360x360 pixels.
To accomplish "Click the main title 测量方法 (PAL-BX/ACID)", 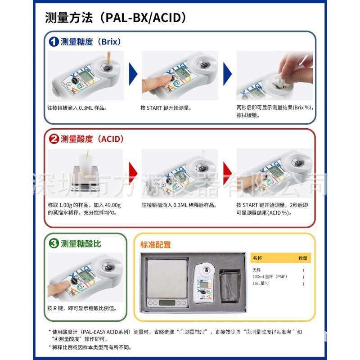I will [x=116, y=18].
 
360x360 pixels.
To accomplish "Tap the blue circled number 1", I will [x=54, y=42].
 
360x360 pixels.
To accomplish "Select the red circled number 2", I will [x=54, y=139].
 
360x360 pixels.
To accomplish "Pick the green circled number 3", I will [x=54, y=244].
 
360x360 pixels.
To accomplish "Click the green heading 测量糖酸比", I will [x=81, y=244].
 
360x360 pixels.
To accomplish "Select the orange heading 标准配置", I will [x=156, y=245].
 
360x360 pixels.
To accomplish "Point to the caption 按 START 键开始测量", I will [x=166, y=108].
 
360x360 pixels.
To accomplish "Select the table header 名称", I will [x=257, y=258].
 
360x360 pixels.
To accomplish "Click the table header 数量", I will [x=303, y=258].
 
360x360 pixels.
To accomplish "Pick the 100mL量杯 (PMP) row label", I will [x=270, y=277].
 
